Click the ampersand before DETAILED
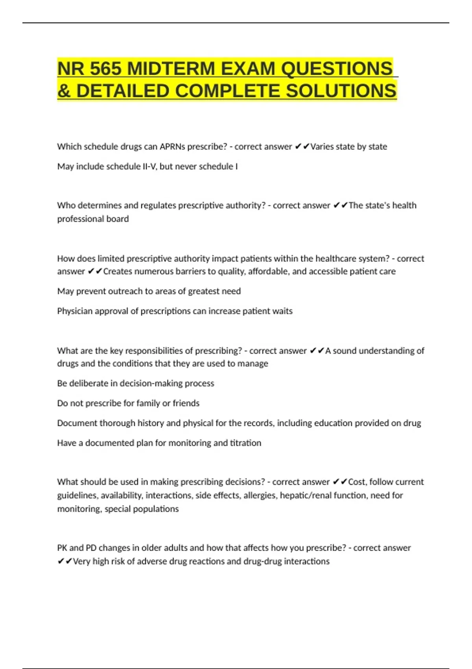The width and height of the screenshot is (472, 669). tap(64, 91)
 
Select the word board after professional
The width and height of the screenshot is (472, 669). tap(118, 219)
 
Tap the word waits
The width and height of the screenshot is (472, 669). tap(283, 311)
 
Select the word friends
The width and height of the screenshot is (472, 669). tap(186, 403)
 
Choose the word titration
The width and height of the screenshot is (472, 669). tap(245, 443)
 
